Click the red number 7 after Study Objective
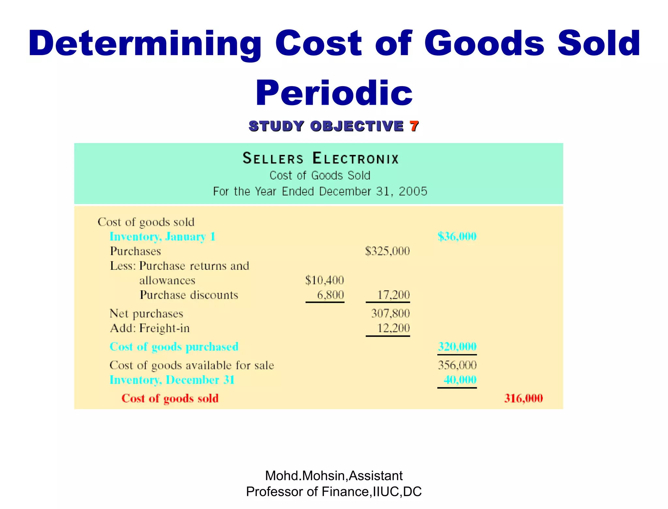[x=414, y=126]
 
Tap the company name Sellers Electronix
[x=321, y=159]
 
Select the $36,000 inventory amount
[x=457, y=236]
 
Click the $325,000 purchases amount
[x=387, y=251]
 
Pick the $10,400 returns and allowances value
[x=325, y=280]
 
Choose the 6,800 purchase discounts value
[x=330, y=295]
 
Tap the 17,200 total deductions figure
[x=393, y=295]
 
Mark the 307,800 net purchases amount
[x=390, y=313]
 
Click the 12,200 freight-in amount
[x=393, y=328]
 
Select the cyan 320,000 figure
[x=457, y=346]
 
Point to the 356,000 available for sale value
[x=457, y=365]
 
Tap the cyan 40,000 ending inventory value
[x=460, y=379]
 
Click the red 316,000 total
[x=523, y=398]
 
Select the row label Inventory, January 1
[x=162, y=237]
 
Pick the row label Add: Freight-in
[x=150, y=328]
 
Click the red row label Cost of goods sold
[x=170, y=398]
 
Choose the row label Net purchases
[x=146, y=314]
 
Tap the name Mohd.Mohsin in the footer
[x=305, y=476]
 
